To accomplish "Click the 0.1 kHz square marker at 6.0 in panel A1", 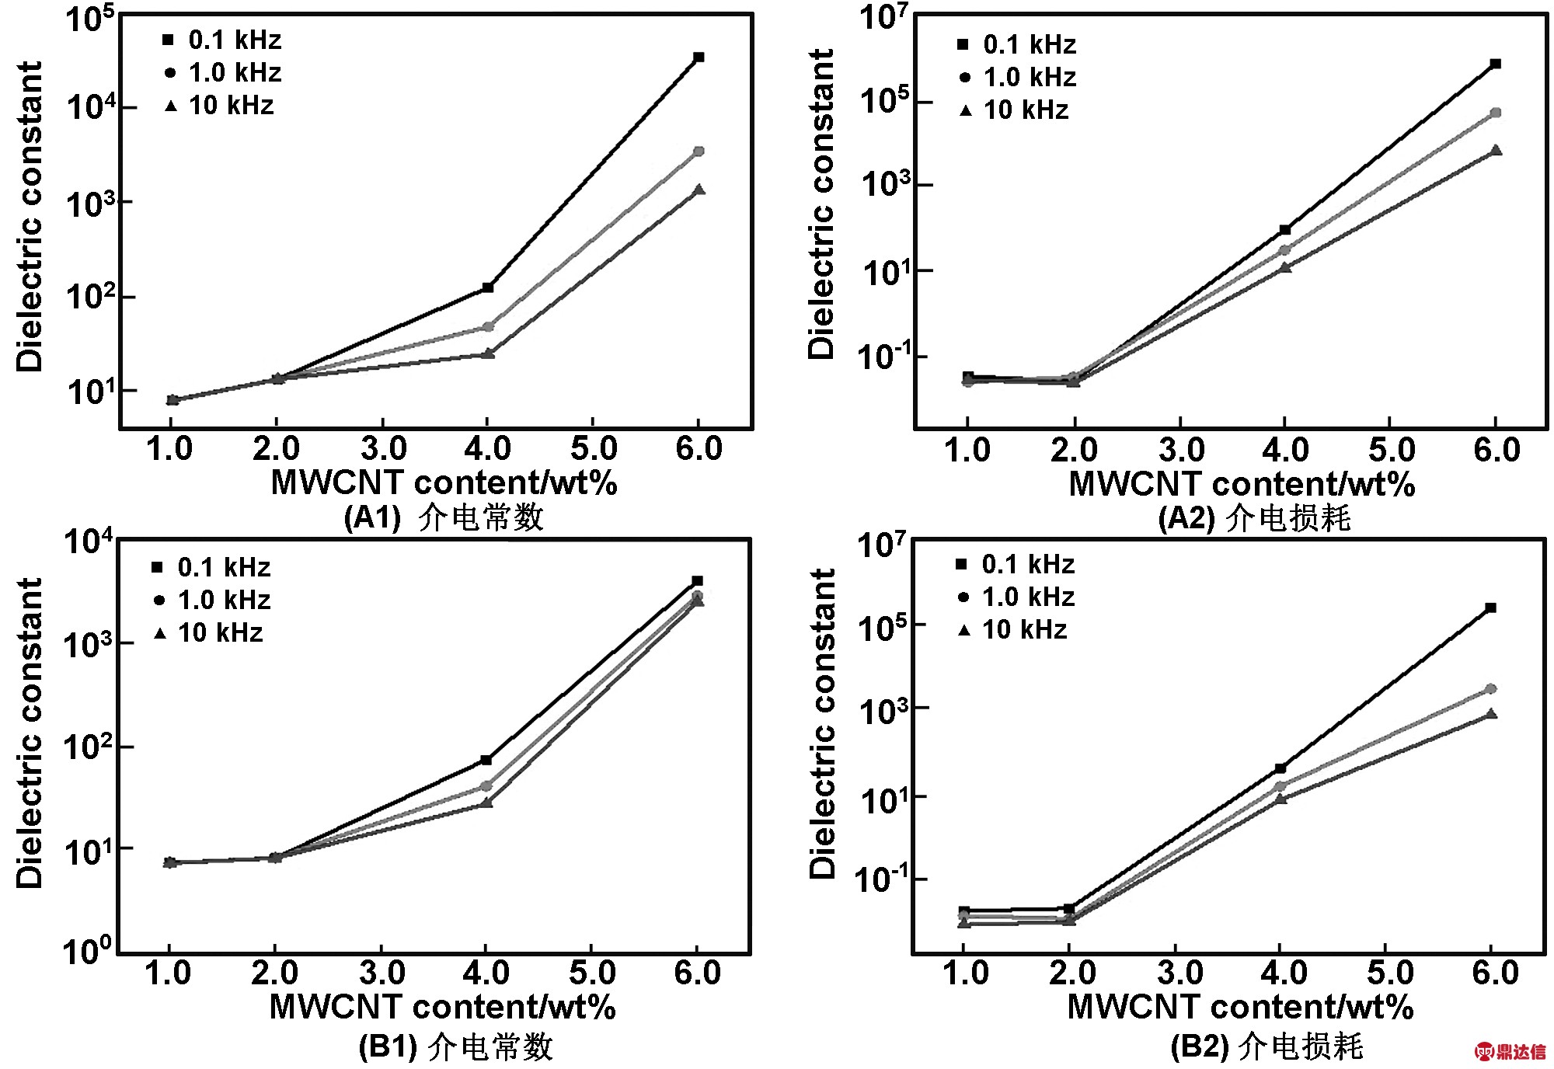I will [699, 57].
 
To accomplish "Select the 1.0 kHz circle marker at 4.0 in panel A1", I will [488, 327].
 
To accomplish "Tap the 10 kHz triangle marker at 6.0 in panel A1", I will [699, 190].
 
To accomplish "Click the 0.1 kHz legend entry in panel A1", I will [223, 40].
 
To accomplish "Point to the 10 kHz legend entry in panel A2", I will [1015, 110].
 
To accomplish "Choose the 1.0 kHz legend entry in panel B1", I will [212, 601].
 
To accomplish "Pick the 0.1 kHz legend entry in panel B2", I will [1016, 565].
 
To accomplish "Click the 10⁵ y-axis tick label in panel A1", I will [89, 19].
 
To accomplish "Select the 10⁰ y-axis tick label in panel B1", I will [87, 949].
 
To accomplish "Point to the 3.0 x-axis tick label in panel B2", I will [1179, 973].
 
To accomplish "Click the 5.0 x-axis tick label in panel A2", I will [1391, 451].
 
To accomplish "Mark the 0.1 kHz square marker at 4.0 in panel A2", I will [1285, 230].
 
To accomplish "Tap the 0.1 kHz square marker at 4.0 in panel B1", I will [486, 760].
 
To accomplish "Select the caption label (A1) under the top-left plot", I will [372, 517].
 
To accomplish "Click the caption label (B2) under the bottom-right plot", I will [1199, 1047].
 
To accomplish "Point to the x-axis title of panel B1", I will [442, 1008].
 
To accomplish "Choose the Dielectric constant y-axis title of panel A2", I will [821, 204].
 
